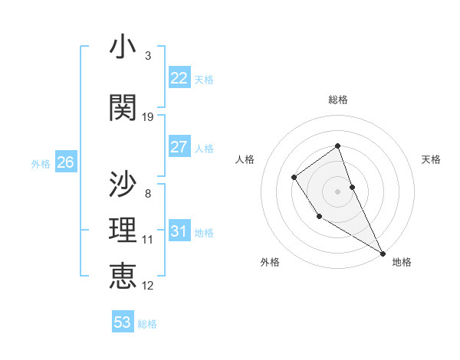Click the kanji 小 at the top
pos(123,47)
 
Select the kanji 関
pos(123,107)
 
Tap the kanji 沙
pos(123,184)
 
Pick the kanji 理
pos(123,231)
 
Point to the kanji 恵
pos(123,275)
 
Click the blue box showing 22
pos(179,78)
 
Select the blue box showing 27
pos(179,147)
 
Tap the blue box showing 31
pos(179,231)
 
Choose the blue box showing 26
pos(65,162)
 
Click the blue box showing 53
pos(122,322)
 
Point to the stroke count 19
pos(148,116)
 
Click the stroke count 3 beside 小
pos(148,56)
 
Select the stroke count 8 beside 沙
pos(148,193)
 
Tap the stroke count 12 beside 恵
pos(148,285)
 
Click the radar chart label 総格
pos(338,100)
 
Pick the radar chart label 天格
pos(432,159)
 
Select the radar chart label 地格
pos(402,262)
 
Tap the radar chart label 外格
pos(270,262)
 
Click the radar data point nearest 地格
pos(383,253)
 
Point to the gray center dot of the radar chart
pos(337,190)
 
